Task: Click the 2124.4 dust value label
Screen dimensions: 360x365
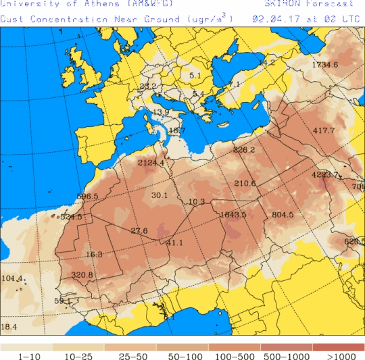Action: [x=151, y=163]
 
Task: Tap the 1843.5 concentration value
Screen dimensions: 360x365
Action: [x=233, y=215]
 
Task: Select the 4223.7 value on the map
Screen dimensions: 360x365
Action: [x=325, y=175]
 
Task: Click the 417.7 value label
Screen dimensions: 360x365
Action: [x=324, y=130]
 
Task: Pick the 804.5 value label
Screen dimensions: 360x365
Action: [x=283, y=215]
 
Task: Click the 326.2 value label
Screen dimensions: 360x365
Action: [x=243, y=150]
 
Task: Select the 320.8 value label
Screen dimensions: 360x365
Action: [x=82, y=275]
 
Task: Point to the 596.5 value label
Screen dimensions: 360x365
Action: [x=88, y=197]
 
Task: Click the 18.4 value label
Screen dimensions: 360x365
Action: [x=9, y=328]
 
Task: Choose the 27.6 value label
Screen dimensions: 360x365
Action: [x=139, y=231]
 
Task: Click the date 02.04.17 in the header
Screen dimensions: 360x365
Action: [x=274, y=19]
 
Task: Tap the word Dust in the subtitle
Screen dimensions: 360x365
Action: [x=11, y=19]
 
